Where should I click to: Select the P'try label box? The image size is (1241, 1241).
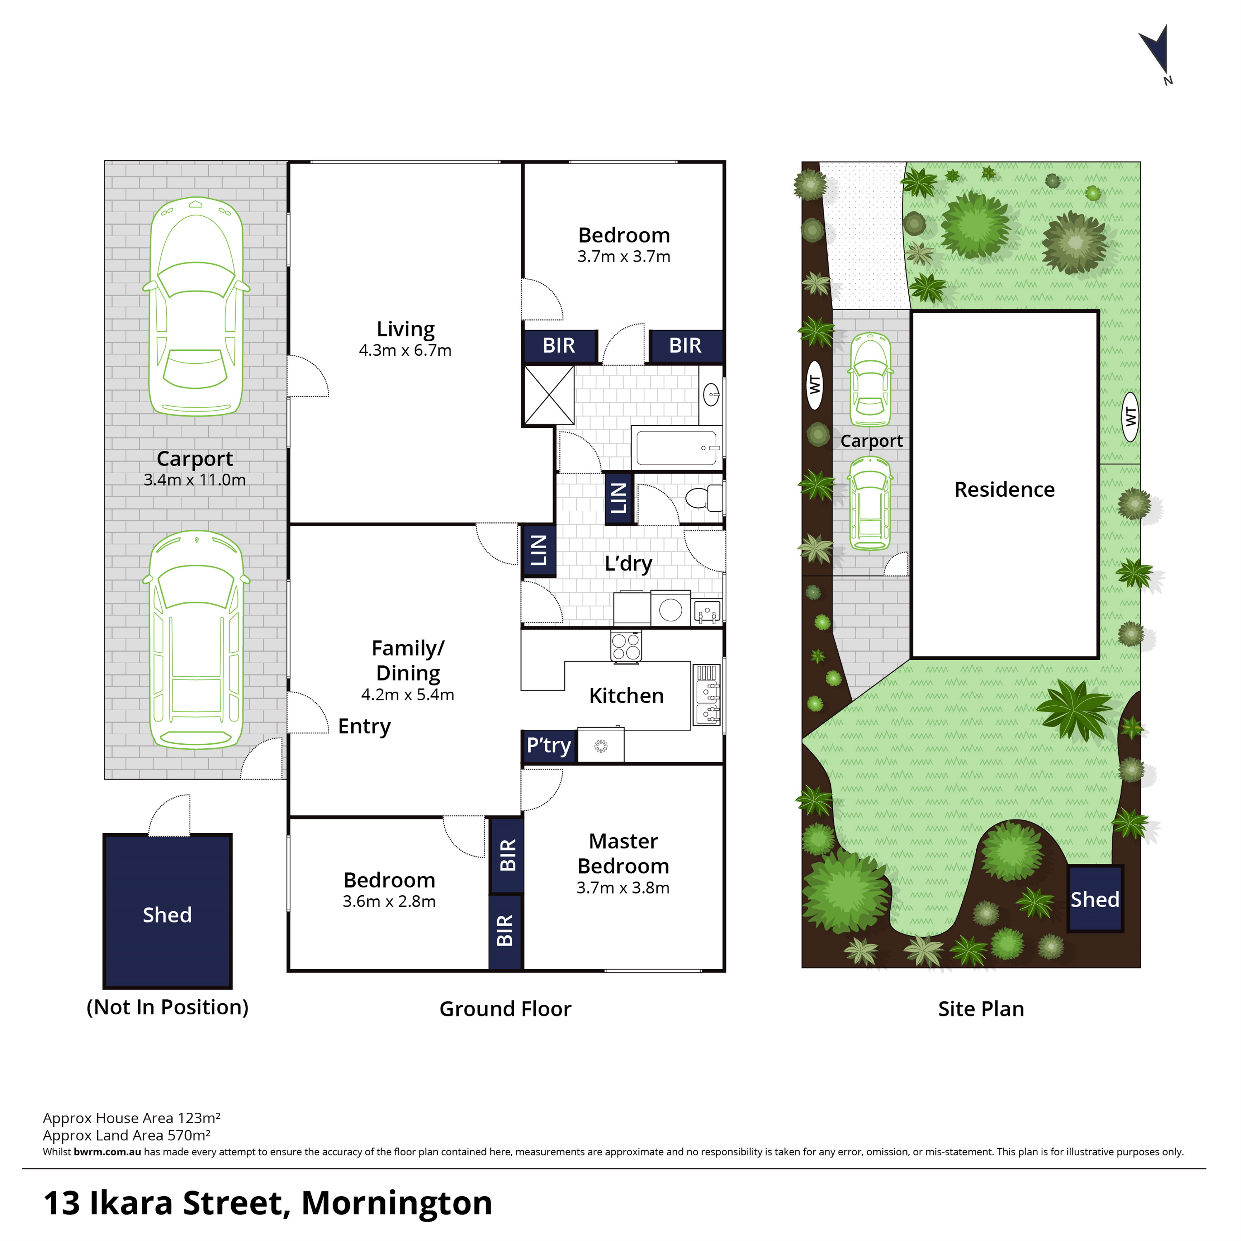point(549,745)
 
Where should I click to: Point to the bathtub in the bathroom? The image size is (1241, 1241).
point(677,447)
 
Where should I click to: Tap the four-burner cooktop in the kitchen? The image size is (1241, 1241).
point(625,646)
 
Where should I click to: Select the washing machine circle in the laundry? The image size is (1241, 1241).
point(670,610)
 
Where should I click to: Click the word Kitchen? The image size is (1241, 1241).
point(626,696)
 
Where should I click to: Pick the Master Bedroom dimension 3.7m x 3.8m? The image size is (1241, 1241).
point(623,888)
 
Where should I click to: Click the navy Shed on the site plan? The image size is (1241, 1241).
point(1095,898)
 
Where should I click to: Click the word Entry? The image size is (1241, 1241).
point(364,726)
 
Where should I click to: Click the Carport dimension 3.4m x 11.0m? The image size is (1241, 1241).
point(194,479)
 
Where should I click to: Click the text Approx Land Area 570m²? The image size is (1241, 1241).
point(127,1135)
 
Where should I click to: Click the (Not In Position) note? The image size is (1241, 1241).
point(168,1007)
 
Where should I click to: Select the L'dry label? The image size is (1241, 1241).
point(628,563)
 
